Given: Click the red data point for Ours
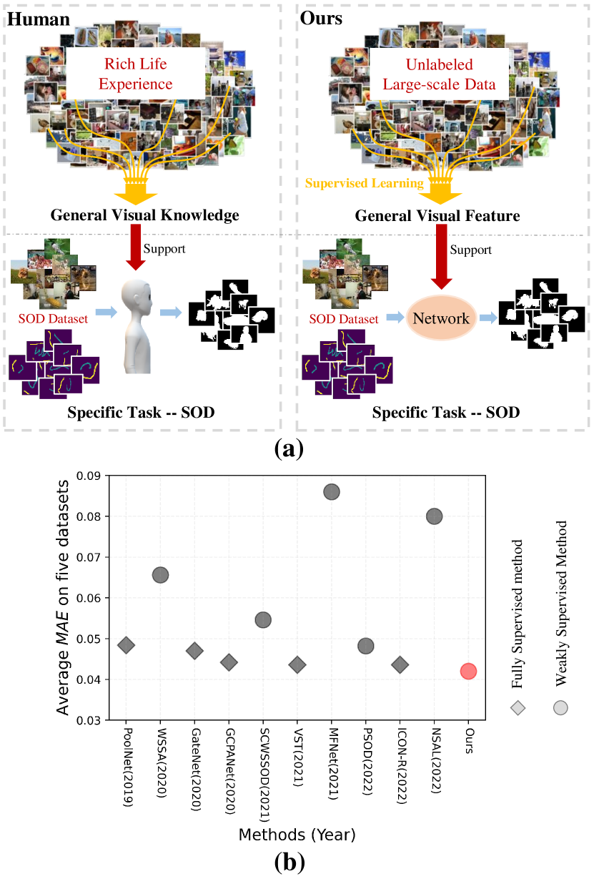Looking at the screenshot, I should (468, 671).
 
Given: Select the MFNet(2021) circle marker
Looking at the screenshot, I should (332, 492).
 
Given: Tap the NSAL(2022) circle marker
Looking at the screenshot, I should (434, 516).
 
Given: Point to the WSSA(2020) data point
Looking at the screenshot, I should (160, 575).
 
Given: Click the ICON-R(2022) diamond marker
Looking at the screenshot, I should (400, 664).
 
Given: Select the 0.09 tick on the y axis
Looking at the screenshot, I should (89, 475).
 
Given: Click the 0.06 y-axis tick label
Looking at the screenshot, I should (89, 597).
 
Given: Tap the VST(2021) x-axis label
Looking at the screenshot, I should (297, 759).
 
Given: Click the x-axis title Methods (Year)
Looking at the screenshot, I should (297, 834).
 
